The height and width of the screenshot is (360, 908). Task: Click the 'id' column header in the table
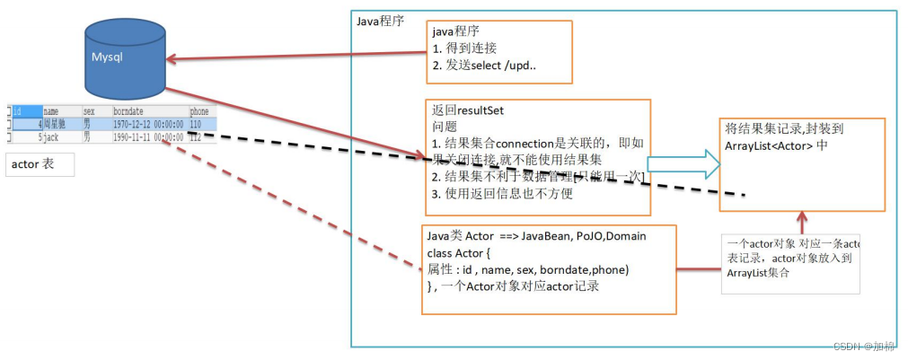coord(19,112)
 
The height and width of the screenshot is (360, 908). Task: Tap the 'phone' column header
coord(198,112)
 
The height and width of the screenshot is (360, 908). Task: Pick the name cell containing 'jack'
coord(55,137)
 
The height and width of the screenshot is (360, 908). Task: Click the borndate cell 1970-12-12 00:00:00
coord(148,125)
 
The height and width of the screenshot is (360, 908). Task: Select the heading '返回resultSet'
coord(468,110)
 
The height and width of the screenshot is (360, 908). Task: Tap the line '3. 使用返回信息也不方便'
coord(503,192)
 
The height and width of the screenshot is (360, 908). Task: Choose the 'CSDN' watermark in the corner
coord(847,347)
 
